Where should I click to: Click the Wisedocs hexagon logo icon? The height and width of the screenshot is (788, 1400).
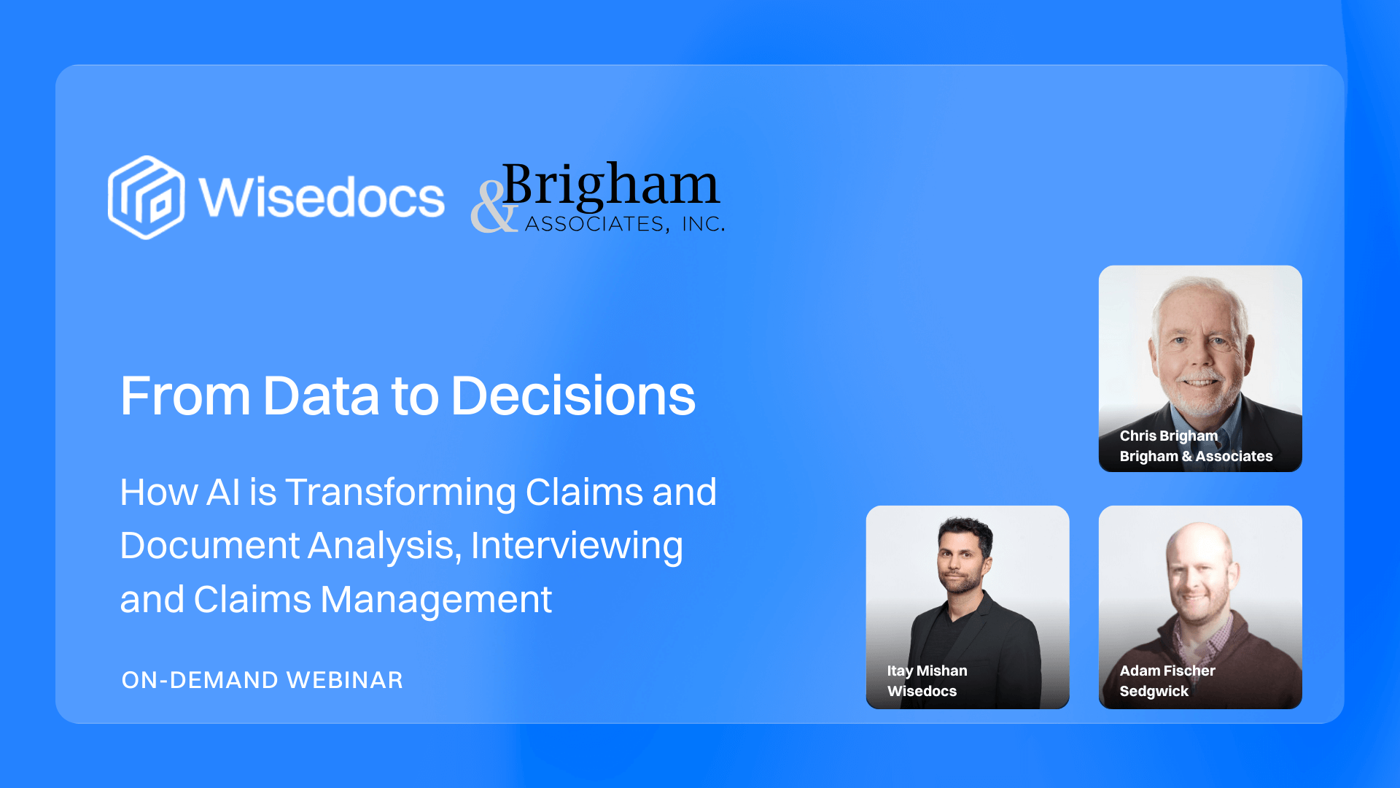tap(146, 197)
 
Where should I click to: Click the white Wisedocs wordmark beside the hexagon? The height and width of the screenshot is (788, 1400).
tap(322, 198)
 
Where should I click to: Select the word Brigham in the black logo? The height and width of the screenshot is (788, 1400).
tap(611, 185)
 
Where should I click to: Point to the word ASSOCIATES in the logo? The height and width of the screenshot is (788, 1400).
tap(594, 224)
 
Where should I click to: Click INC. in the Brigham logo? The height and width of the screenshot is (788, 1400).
tap(703, 224)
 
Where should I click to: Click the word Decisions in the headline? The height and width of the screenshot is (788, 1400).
tap(573, 396)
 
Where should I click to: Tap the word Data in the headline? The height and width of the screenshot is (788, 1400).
tap(321, 396)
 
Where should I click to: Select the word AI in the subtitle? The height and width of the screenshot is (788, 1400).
tap(223, 492)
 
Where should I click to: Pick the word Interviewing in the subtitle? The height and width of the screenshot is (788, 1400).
tap(577, 546)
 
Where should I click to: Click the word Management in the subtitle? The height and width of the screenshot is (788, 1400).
tap(435, 600)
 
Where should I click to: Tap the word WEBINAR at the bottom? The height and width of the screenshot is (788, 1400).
tap(344, 680)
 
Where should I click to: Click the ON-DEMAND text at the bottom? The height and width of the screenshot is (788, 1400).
tap(200, 680)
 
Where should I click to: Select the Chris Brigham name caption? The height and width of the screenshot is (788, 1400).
tap(1168, 436)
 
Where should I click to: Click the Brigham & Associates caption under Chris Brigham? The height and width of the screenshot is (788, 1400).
tap(1196, 456)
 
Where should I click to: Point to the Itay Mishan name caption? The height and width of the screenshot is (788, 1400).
tap(927, 671)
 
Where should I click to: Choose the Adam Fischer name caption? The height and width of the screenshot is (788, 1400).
tap(1167, 671)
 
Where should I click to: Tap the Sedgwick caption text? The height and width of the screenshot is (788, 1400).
tap(1154, 691)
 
